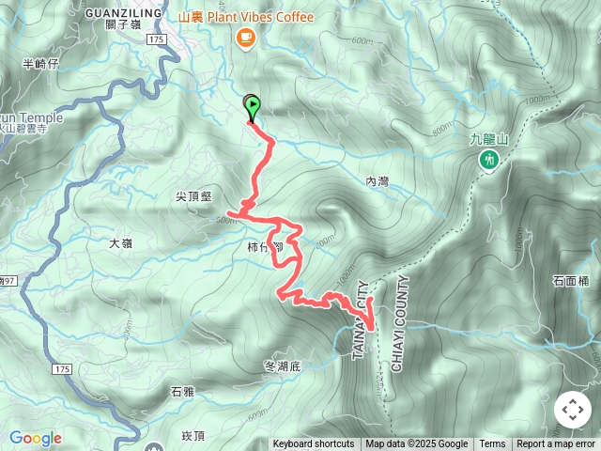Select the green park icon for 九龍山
(488, 161)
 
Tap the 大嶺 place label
(120, 242)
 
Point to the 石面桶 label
(571, 280)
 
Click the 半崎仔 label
(40, 64)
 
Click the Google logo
(36, 438)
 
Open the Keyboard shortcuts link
(314, 444)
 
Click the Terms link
(492, 444)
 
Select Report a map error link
(556, 444)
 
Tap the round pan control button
(573, 410)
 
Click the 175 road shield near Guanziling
(156, 40)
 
